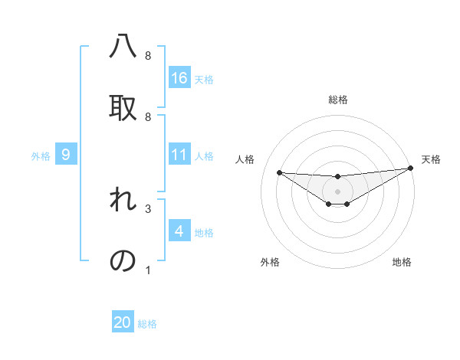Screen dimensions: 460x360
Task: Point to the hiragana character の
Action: click(x=123, y=260)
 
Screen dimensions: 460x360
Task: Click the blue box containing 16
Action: click(x=179, y=77)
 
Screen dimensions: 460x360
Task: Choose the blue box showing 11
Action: click(x=179, y=155)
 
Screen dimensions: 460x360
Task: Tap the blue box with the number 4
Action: click(x=179, y=231)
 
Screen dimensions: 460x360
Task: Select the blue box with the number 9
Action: click(x=66, y=155)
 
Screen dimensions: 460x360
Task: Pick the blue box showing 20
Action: click(x=123, y=322)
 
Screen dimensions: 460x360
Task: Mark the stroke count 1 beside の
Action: click(x=148, y=270)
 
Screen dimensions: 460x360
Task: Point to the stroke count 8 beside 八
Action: click(x=148, y=56)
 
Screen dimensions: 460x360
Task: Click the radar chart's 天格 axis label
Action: click(x=431, y=159)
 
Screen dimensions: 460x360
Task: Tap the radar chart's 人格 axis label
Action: click(x=245, y=159)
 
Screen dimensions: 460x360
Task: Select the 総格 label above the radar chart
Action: click(x=338, y=100)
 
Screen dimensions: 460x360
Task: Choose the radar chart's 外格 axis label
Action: click(x=270, y=262)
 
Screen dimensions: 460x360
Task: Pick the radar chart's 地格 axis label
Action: click(x=402, y=262)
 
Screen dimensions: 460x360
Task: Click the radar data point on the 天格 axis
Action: click(x=411, y=168)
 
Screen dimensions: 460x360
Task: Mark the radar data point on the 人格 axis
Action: click(x=279, y=172)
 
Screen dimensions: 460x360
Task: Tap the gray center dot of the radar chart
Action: click(x=338, y=191)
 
